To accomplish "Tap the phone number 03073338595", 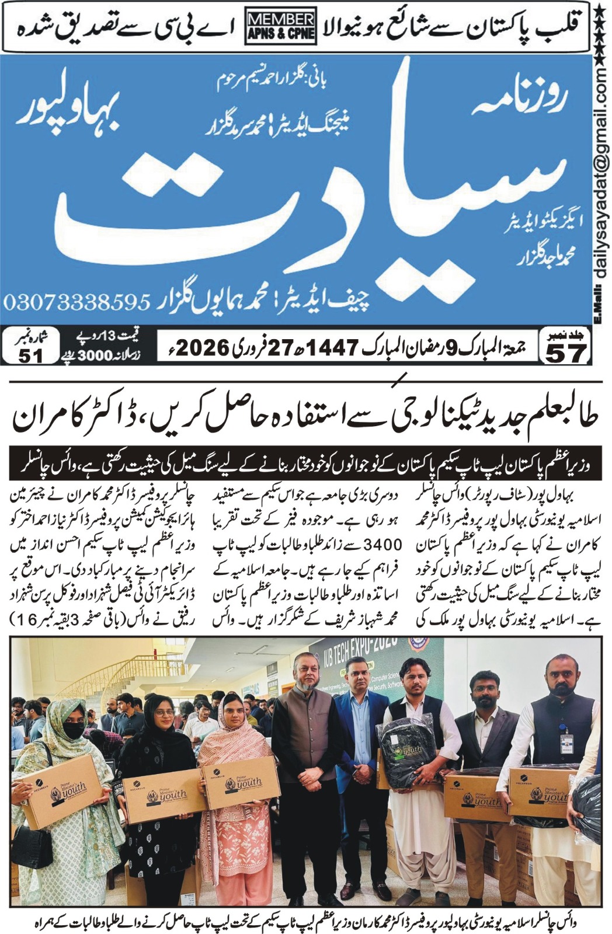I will pos(76,302).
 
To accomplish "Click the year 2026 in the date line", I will pos(201,348).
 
